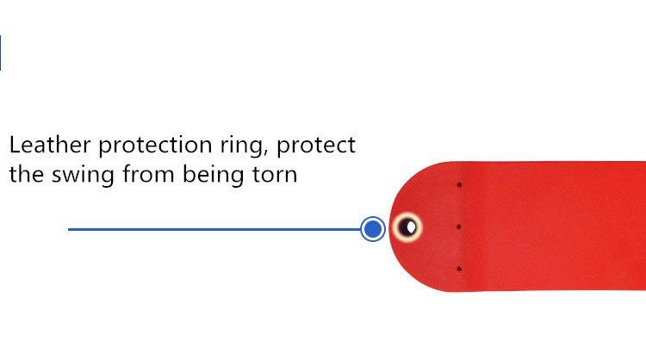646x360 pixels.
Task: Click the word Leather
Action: [x=50, y=145]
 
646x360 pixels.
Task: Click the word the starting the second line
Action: [x=28, y=175]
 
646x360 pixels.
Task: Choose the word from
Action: [x=148, y=175]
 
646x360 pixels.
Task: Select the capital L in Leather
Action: [x=16, y=145]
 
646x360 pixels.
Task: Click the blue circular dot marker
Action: [x=373, y=229]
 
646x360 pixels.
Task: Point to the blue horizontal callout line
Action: [x=214, y=229]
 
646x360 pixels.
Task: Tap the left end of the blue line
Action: [x=68, y=229]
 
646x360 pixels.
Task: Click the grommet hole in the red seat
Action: [x=407, y=227]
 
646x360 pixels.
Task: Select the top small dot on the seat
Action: [x=459, y=185]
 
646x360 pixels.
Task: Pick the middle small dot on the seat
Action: [x=459, y=227]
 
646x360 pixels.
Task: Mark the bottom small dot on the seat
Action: [x=459, y=269]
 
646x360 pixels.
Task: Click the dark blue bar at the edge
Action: [x=0, y=53]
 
